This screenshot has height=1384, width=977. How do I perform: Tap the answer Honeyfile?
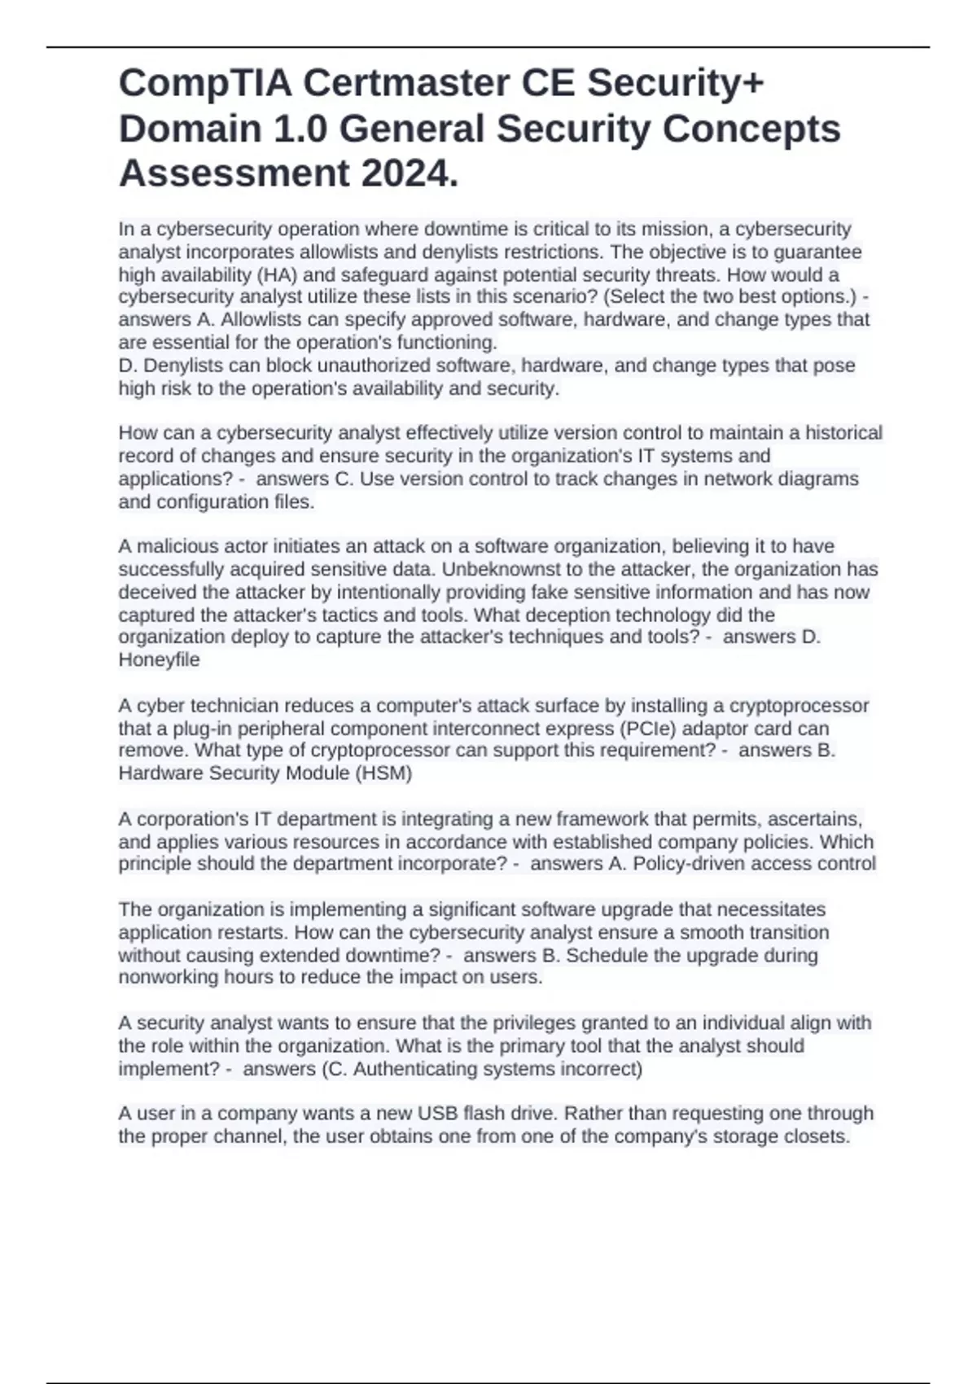tap(159, 659)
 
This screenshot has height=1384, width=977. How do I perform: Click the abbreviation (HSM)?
tap(383, 773)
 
